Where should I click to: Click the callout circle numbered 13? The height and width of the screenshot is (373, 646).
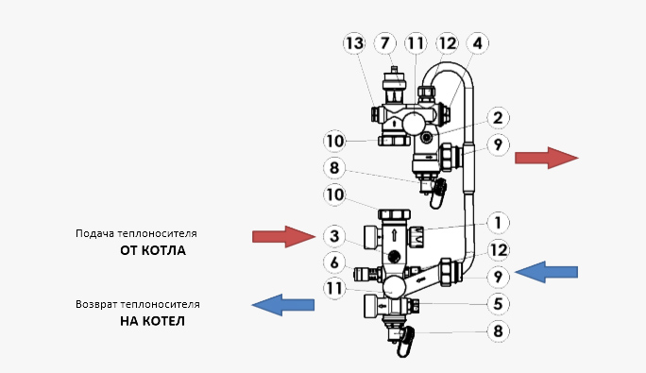coord(354,43)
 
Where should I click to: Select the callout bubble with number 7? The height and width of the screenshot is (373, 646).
coord(384,42)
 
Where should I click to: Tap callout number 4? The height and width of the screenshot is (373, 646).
coord(478,42)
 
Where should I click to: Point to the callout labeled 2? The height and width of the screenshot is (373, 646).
coord(498,118)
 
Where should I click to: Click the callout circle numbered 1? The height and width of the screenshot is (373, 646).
coord(498,223)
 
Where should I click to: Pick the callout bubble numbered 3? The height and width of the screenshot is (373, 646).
coord(334,236)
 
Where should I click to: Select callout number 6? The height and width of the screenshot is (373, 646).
coord(334,263)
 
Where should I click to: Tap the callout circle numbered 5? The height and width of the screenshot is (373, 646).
coord(498,304)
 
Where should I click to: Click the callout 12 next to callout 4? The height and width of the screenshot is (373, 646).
coord(447,42)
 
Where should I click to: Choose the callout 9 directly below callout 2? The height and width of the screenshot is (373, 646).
coord(498,144)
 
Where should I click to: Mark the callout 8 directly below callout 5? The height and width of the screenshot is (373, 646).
coord(498,331)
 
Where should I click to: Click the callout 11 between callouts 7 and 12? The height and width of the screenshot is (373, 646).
coord(416,42)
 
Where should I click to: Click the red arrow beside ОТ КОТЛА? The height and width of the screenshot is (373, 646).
coord(284,237)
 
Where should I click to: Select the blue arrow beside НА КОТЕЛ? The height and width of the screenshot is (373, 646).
coord(283,305)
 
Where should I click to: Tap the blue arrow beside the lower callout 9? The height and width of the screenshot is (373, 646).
coord(546,272)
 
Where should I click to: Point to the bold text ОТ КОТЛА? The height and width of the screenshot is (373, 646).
coord(153,250)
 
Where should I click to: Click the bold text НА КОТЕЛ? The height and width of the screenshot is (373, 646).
coord(152,321)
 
